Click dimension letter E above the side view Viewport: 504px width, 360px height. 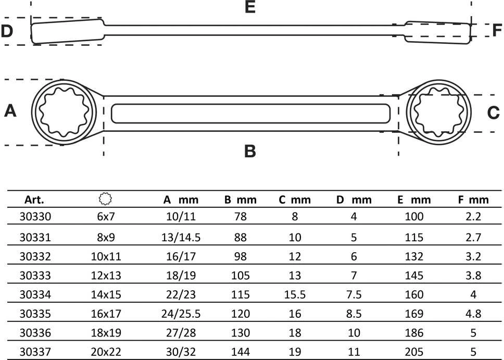pos(250,7)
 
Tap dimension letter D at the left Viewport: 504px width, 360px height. pos(7,31)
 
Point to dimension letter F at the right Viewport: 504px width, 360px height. pos(497,30)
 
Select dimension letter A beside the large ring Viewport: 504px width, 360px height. pos(10,110)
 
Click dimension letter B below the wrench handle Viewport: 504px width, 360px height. pos(250,151)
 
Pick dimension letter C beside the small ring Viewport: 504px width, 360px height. pos(494,113)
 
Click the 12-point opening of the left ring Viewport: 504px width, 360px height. pos(64,111)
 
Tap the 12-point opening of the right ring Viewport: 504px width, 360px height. pos(439,113)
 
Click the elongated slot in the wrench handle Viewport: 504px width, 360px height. pos(251,113)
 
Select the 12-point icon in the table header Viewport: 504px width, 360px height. pos(105,199)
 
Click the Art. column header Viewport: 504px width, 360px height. pos(34,200)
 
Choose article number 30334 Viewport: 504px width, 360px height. pos(35,294)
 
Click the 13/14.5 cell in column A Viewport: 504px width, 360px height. pos(181,238)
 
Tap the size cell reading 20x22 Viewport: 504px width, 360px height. pos(106,352)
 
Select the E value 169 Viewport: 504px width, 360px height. pos(414,313)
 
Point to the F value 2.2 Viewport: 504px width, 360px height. pos(473,216)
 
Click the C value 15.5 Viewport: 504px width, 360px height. pos(295,294)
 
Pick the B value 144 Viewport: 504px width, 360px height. pos(241,352)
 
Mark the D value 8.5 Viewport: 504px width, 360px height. pos(354,313)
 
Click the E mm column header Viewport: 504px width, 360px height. pos(414,200)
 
